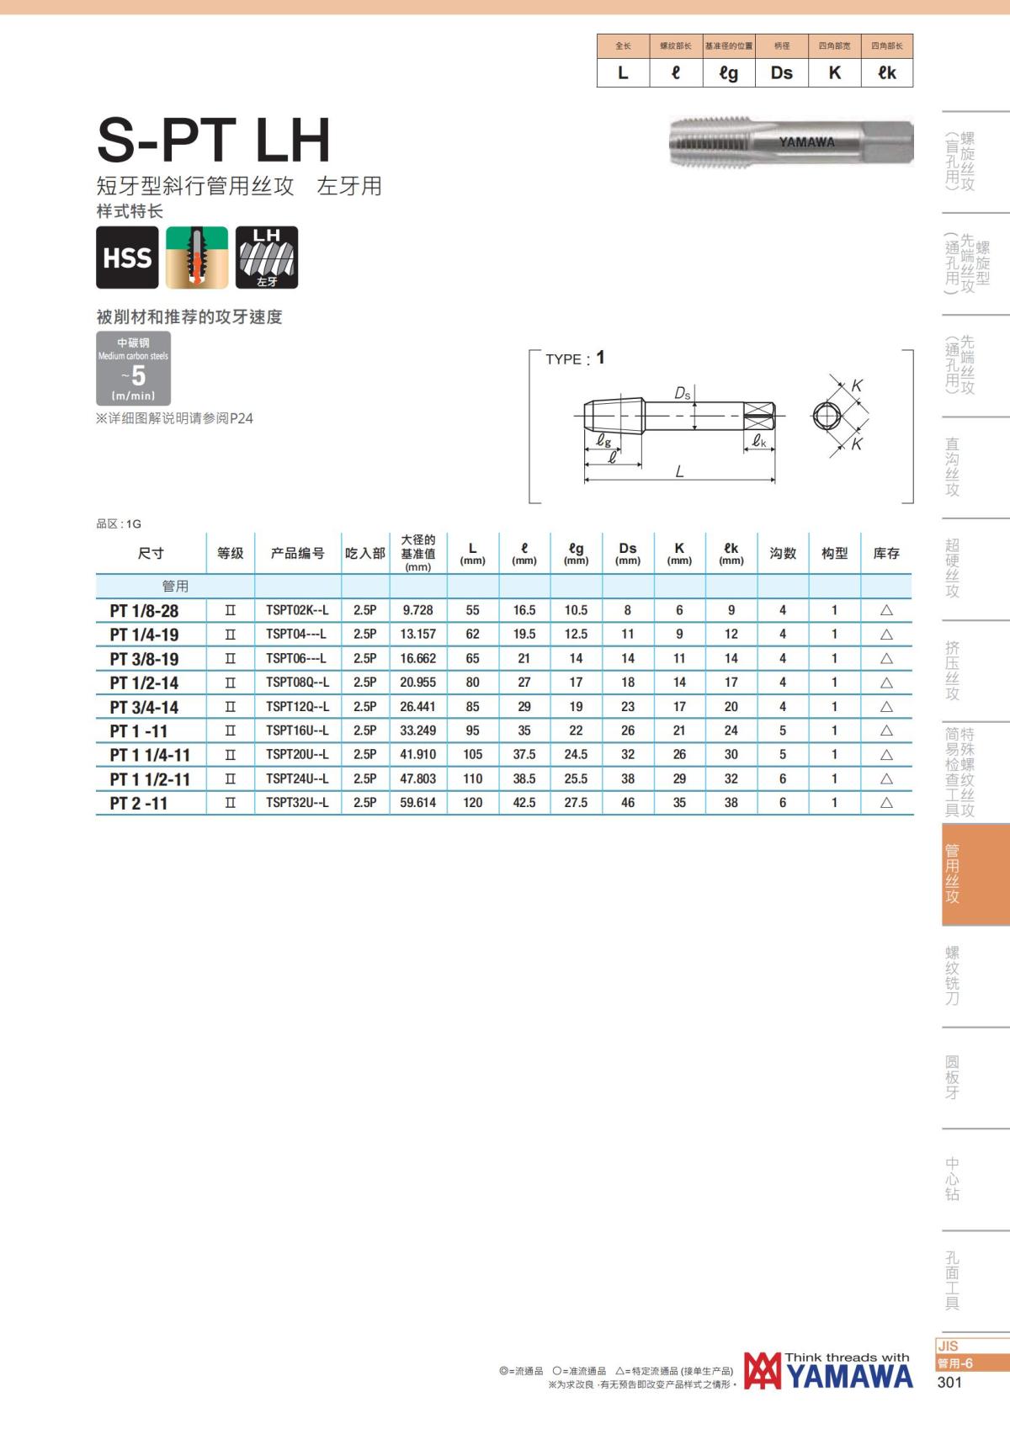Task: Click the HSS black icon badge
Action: click(127, 257)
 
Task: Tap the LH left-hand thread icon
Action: click(267, 257)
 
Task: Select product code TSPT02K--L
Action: click(297, 610)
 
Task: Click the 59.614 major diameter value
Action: click(418, 803)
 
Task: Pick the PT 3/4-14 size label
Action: click(144, 707)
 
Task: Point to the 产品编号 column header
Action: click(297, 553)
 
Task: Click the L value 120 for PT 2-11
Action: click(473, 803)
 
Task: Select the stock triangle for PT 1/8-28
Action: click(886, 610)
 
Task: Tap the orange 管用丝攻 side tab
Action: click(975, 874)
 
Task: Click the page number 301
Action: click(949, 1383)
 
